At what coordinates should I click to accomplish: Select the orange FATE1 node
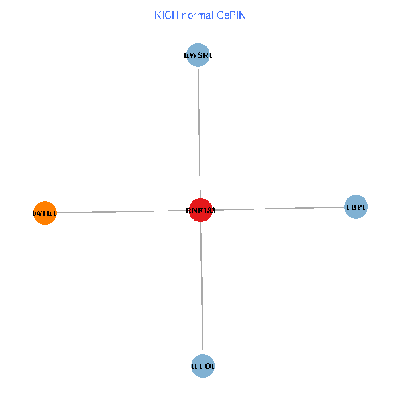click(x=45, y=213)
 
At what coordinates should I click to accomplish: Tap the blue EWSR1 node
click(x=198, y=55)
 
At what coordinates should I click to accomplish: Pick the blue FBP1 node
click(x=356, y=207)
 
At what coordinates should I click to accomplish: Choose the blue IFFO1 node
click(x=203, y=366)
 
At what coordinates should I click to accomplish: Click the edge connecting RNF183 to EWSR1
click(x=199, y=134)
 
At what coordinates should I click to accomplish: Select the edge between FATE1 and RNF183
click(x=120, y=212)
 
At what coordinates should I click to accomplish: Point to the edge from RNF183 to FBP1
click(x=281, y=209)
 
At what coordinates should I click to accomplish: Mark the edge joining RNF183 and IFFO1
click(x=202, y=287)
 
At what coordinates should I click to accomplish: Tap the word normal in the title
click(x=196, y=15)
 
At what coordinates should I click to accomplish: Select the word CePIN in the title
click(x=231, y=15)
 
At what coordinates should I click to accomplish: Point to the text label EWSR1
click(x=198, y=56)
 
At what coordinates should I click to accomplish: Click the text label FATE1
click(x=45, y=214)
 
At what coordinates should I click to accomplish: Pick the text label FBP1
click(x=356, y=208)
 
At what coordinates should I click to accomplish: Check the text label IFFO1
click(x=203, y=366)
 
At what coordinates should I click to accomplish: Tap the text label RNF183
click(x=200, y=211)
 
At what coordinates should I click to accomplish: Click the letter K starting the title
click(x=157, y=15)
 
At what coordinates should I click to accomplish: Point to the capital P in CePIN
click(x=233, y=15)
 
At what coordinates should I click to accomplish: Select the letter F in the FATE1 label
click(x=34, y=214)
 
